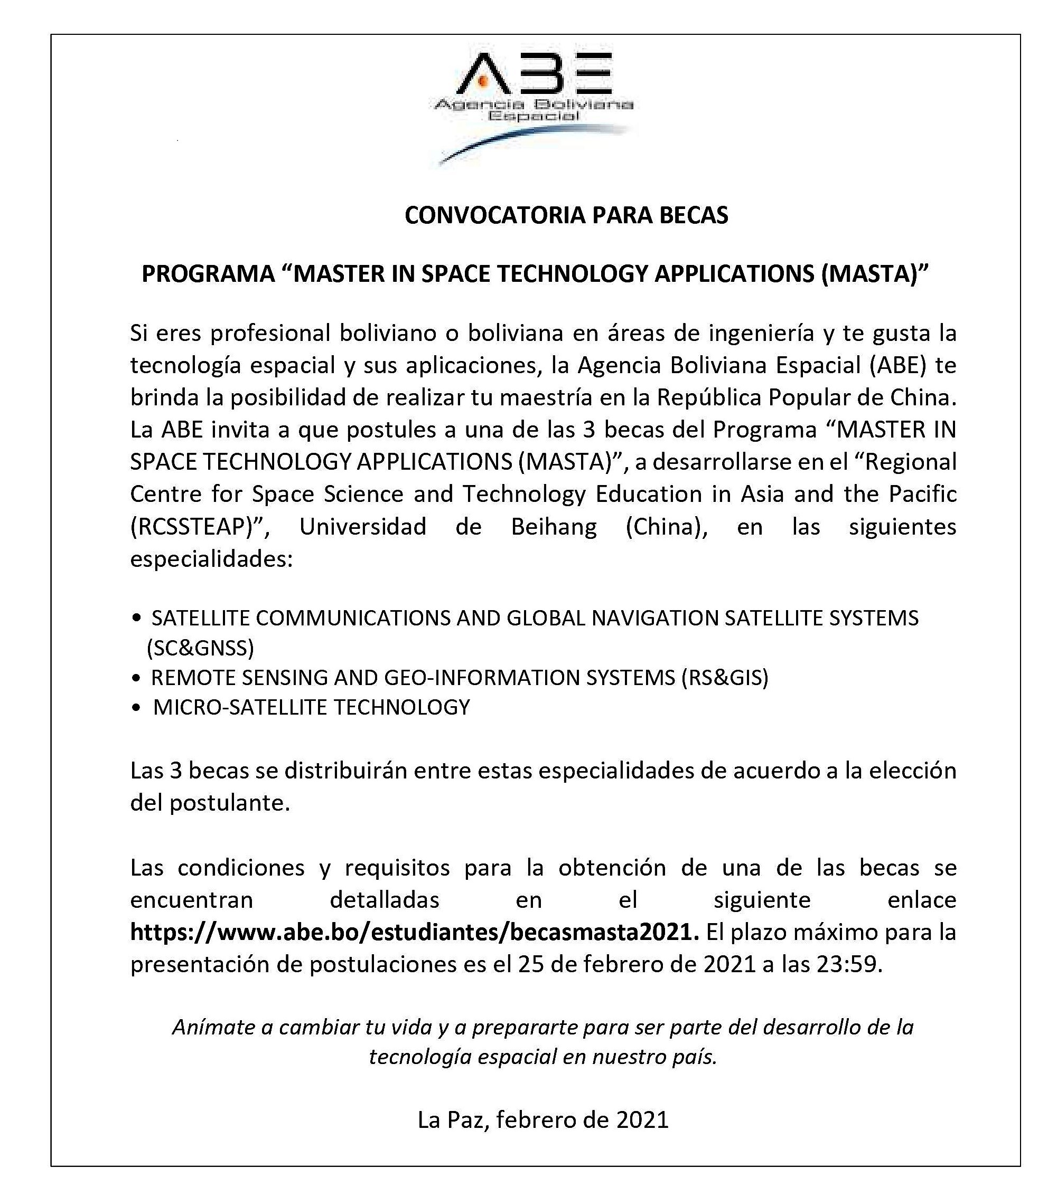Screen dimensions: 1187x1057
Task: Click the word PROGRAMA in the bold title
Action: (208, 274)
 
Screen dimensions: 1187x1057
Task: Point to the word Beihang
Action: (553, 527)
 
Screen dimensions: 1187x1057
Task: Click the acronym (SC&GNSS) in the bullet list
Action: (201, 648)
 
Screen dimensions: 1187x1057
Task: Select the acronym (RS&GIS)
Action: (725, 677)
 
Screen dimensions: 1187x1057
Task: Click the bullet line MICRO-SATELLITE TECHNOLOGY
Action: (312, 707)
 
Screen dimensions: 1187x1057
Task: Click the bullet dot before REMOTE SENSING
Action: (137, 678)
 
